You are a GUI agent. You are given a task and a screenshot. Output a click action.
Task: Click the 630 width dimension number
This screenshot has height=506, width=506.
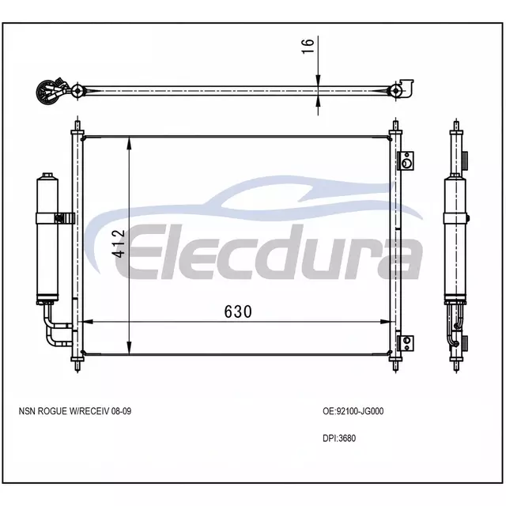coord(238,312)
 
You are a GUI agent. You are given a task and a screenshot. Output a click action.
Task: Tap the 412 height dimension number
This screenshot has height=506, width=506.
coord(119,244)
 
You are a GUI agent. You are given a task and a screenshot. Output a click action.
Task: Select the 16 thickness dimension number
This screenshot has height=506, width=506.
coord(308,46)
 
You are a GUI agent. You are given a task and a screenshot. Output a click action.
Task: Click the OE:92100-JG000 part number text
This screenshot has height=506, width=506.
coord(353,411)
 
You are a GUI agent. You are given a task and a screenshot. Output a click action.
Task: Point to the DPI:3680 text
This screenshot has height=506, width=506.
coord(339,438)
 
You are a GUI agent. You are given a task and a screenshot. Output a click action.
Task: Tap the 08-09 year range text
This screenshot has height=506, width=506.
coord(121,411)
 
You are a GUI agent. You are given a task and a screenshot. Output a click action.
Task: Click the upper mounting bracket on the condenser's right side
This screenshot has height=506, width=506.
coord(406,160)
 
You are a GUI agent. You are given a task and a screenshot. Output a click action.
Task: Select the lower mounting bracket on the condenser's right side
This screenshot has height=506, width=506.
coord(406,343)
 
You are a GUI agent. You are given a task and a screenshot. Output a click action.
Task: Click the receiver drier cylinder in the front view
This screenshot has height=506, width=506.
coord(47,238)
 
